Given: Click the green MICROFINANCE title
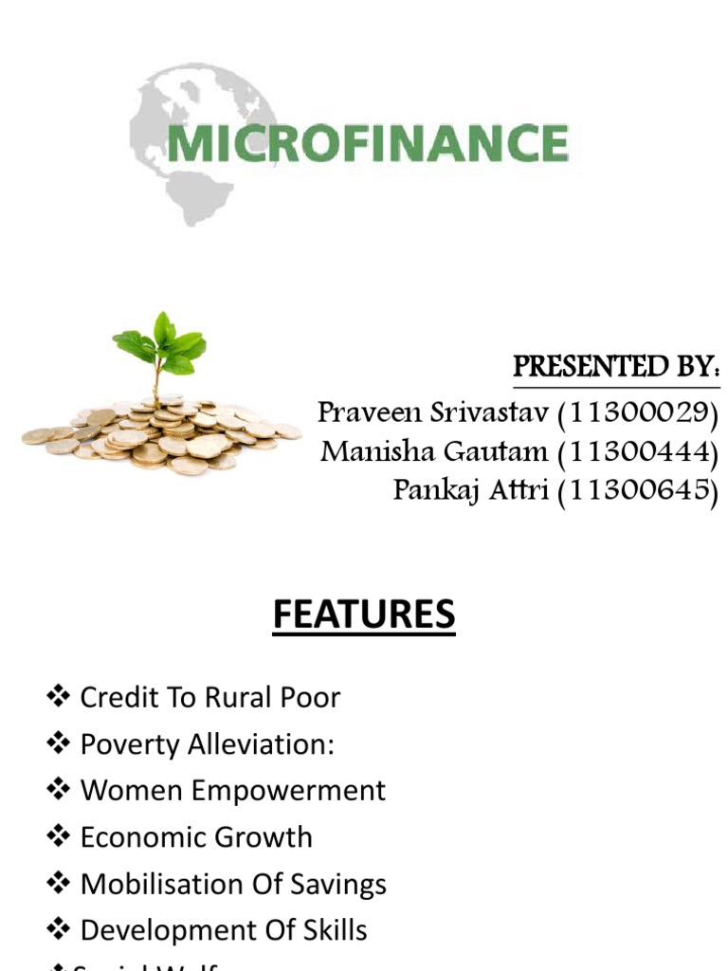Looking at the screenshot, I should pos(368,144).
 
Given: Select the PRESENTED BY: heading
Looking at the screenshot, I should pos(616,368).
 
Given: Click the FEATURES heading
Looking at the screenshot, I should pos(364,615).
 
